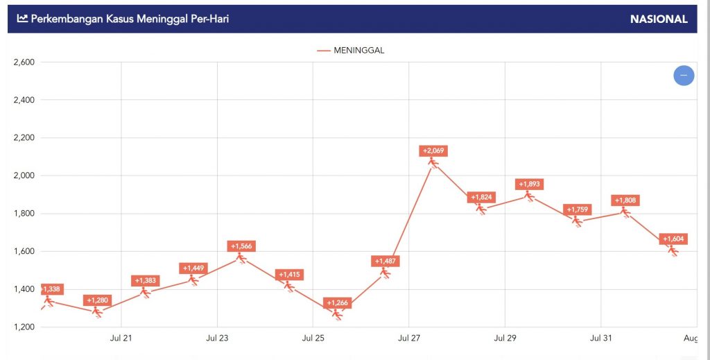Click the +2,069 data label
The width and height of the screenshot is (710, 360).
tap(433, 151)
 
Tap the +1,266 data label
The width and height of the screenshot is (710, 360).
tap(337, 303)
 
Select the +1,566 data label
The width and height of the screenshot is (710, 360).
tap(241, 246)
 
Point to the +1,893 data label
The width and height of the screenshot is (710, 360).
tap(529, 185)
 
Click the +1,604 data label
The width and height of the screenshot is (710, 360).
tap(673, 239)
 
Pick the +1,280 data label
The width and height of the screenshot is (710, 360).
tap(97, 300)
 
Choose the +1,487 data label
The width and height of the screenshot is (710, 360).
tap(386, 262)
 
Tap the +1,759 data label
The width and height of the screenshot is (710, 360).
tap(578, 209)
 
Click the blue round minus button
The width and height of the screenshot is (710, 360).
tap(684, 75)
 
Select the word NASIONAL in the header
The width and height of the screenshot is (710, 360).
tap(659, 19)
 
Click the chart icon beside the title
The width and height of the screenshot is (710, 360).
tap(22, 19)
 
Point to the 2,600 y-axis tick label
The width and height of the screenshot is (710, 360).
tap(24, 62)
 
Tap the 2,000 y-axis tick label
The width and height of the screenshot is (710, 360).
tap(24, 175)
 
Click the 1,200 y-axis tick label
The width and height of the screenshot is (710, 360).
tap(24, 327)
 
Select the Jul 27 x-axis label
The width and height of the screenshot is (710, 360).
tap(409, 338)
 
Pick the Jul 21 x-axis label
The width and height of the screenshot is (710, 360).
tap(121, 338)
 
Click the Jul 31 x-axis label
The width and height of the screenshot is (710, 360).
tap(600, 338)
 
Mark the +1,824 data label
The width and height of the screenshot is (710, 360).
tap(482, 198)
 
